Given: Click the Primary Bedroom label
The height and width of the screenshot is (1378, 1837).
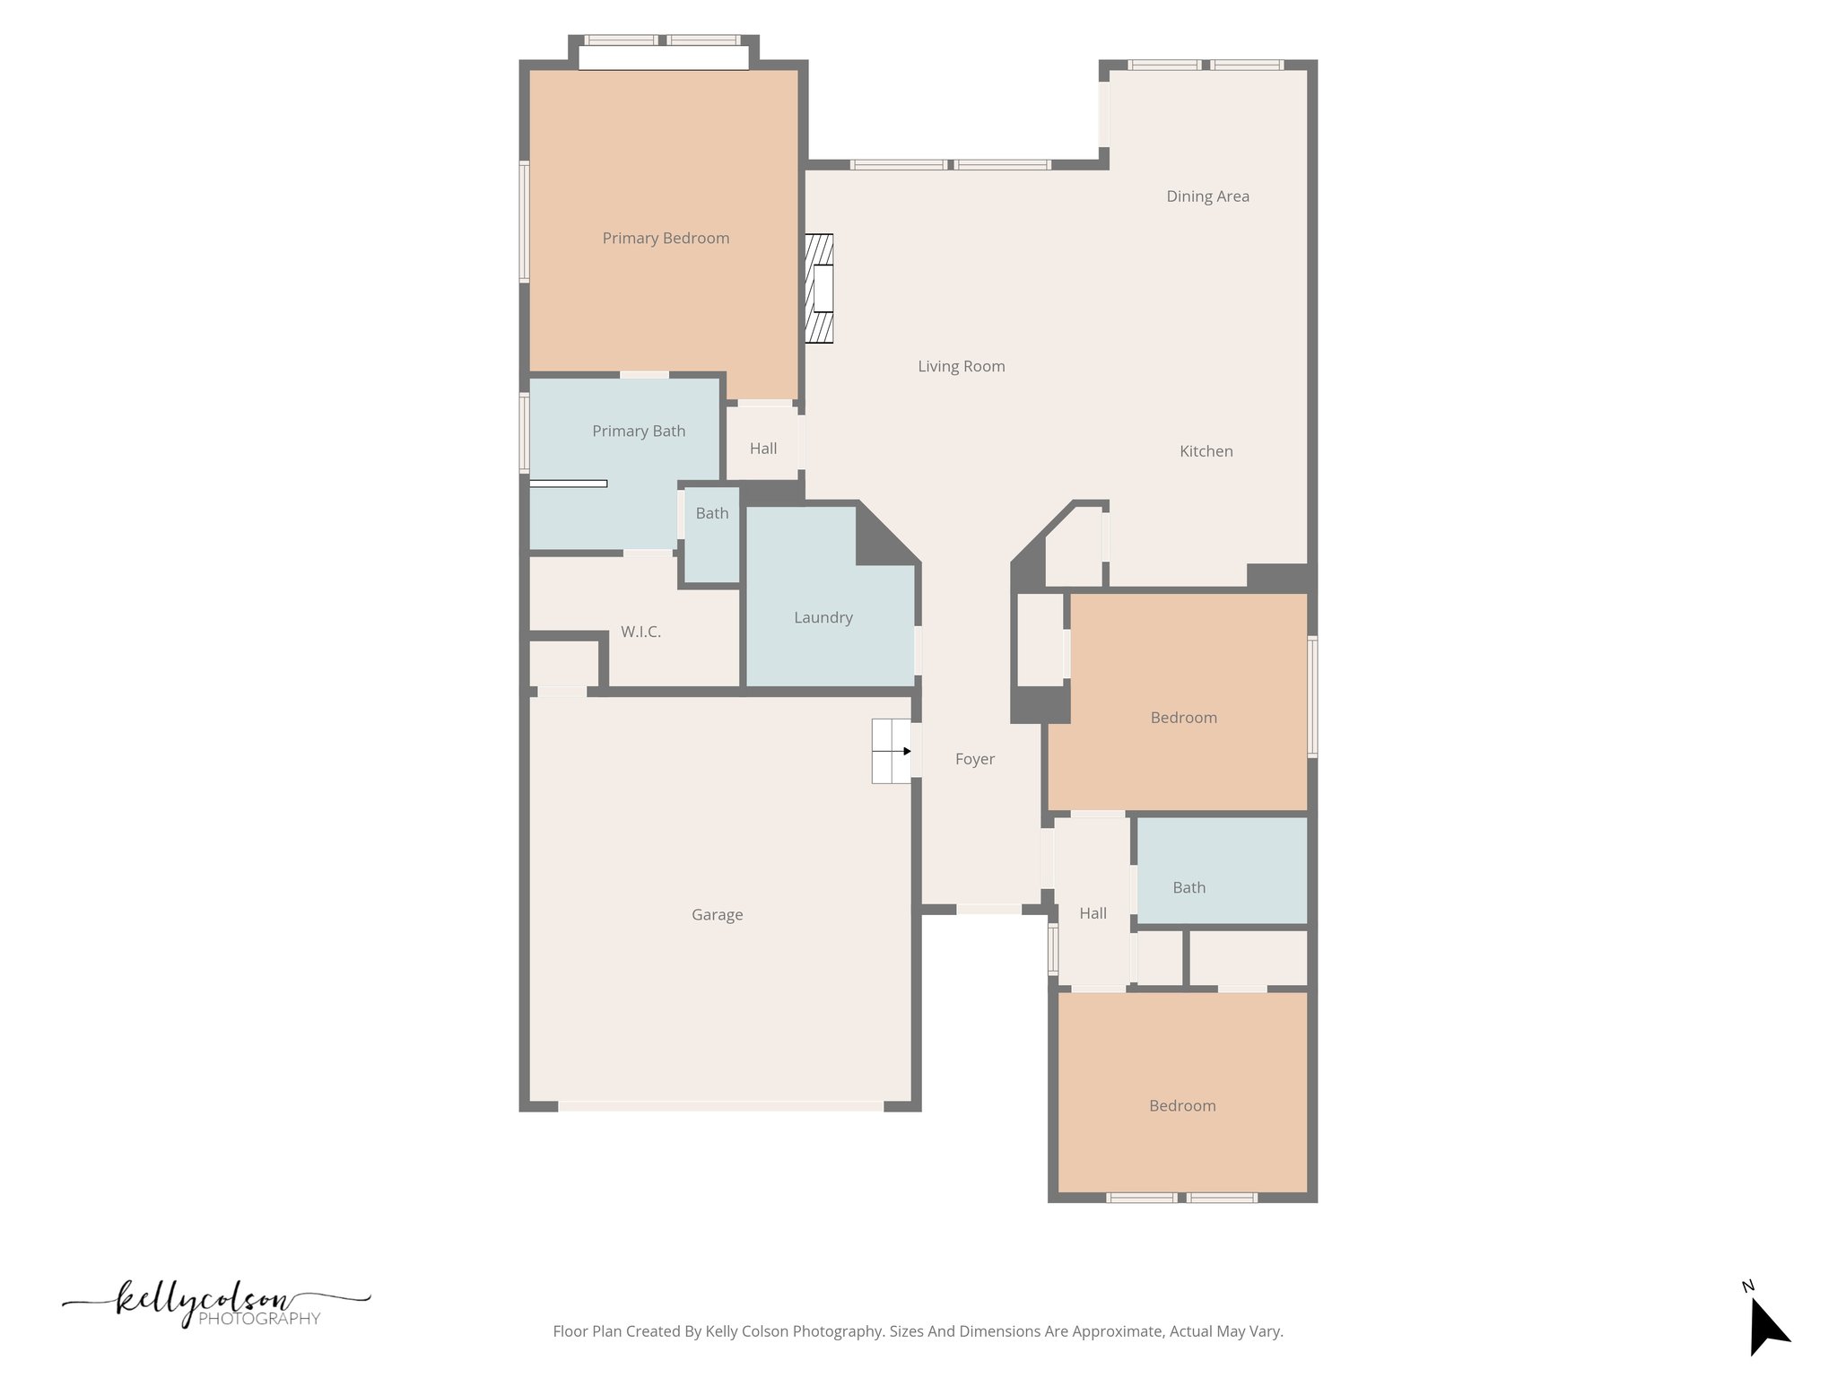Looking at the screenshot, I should pos(666,238).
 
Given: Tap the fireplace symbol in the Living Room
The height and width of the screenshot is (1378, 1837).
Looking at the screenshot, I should pos(819,288).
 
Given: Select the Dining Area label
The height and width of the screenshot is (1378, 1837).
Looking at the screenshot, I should pos(1207,196).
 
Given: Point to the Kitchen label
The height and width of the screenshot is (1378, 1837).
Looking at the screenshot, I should pos(1206,451).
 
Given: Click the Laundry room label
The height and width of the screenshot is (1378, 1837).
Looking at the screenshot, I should pos(823,617).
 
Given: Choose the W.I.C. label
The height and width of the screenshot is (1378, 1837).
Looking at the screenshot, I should pos(640,632).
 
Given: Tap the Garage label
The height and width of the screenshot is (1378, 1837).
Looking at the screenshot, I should pos(717,915).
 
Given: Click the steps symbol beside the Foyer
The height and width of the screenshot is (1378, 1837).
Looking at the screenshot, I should pos(891,751).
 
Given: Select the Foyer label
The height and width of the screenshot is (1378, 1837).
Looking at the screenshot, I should pos(974,759).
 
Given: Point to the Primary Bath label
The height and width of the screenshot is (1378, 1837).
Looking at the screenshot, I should pos(639,431).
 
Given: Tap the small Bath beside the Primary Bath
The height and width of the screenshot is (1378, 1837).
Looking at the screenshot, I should pos(712,513).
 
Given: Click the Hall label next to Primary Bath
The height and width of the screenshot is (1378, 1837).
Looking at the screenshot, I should pos(763,449).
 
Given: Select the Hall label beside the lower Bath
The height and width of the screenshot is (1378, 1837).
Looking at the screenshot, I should pos(1093,913).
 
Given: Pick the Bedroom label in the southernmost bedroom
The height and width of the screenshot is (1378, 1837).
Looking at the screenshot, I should pos(1182,1106).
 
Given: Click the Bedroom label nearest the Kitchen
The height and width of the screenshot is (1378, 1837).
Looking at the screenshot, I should pos(1183,718).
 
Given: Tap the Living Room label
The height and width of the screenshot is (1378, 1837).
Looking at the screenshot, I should pos(961,366).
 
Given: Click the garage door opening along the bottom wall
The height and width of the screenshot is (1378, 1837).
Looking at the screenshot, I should pos(720,1107).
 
